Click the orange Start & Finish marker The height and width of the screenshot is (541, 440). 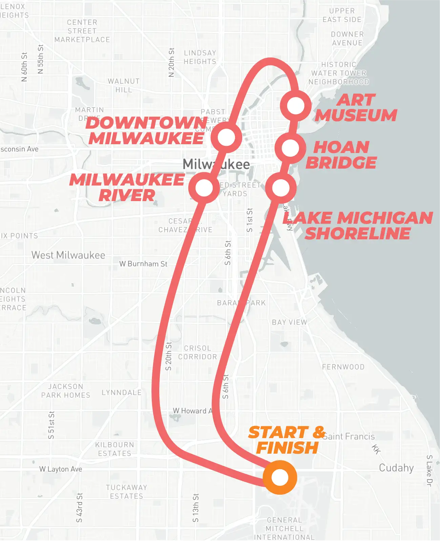point(280,477)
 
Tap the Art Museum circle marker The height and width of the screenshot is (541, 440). point(296,106)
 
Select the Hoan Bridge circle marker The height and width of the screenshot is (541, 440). point(290,148)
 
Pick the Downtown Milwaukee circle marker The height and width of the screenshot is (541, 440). point(226,137)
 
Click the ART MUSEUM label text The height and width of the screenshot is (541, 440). point(356,108)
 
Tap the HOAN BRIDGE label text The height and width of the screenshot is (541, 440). point(341,155)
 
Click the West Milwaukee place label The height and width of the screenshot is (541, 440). point(68,255)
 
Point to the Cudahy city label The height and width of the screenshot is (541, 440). point(396,468)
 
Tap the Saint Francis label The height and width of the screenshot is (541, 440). point(349,436)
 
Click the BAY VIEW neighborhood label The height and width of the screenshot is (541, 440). point(289,322)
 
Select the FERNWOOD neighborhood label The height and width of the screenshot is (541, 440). point(343,367)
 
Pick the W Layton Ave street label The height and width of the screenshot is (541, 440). point(61,469)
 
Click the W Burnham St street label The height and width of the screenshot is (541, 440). point(143,264)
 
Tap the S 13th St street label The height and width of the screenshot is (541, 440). point(195,508)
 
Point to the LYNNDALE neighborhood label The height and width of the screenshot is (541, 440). point(122,393)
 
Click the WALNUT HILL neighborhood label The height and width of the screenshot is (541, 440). point(124,85)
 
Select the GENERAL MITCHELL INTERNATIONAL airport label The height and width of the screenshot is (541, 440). point(284,528)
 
